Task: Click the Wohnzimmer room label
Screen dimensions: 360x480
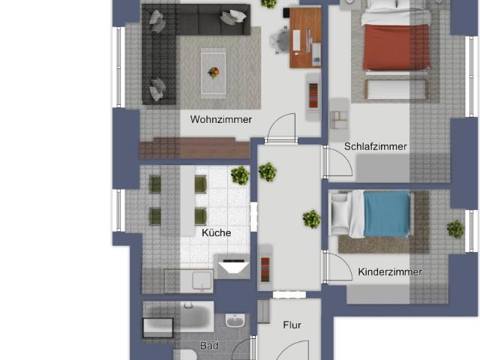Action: tap(220, 119)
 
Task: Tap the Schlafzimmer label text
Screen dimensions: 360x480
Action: tap(375, 147)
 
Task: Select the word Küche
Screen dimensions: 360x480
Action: tap(216, 232)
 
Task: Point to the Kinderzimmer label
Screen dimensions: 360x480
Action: tap(390, 271)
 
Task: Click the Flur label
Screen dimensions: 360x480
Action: tap(292, 325)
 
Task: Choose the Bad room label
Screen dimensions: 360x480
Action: tap(208, 346)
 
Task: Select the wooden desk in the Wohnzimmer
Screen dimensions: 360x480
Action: tap(305, 37)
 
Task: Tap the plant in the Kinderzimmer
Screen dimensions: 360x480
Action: tap(455, 229)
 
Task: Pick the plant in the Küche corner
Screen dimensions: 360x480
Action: tap(240, 175)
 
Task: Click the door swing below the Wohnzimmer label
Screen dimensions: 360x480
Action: tap(283, 127)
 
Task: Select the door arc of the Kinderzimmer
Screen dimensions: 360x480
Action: tap(338, 268)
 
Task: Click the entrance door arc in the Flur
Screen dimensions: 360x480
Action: tap(292, 349)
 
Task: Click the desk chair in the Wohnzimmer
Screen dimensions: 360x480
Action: tap(280, 39)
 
